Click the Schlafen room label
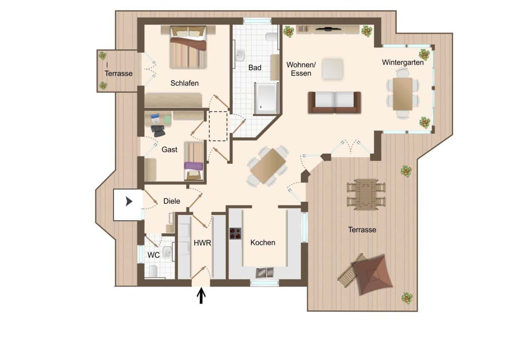click(185, 83)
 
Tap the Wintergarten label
click(403, 62)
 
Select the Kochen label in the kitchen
click(263, 242)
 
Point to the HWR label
click(202, 243)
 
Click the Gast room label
click(170, 149)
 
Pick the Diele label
click(171, 201)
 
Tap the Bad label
click(255, 67)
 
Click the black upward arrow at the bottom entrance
click(201, 295)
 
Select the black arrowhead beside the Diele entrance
click(129, 202)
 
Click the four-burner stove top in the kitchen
click(235, 233)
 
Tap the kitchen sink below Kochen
click(265, 273)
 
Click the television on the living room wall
click(328, 29)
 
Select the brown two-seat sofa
click(335, 102)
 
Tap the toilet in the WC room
click(154, 271)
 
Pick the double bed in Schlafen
click(188, 47)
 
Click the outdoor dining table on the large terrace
click(366, 195)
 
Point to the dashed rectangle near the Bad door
click(218, 126)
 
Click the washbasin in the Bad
click(240, 55)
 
